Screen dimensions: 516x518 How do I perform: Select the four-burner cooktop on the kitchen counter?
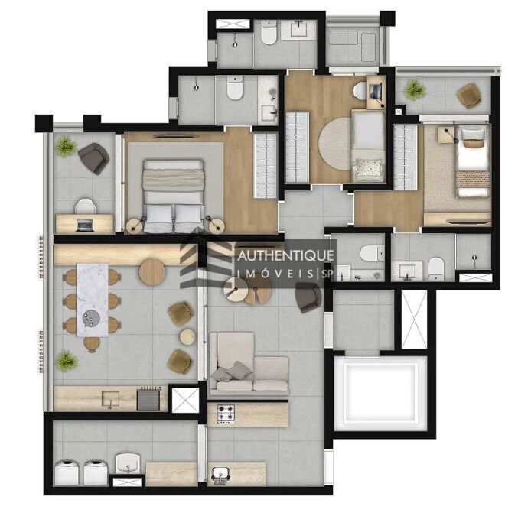[x=227, y=414]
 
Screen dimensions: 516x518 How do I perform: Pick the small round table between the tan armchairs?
[x=187, y=336]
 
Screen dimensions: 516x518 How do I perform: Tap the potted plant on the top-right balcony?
[x=414, y=90]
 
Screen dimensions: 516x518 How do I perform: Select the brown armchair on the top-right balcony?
[x=468, y=96]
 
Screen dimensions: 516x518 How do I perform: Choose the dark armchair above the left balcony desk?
[x=93, y=157]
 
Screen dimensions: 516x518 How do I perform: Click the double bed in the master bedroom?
[x=174, y=196]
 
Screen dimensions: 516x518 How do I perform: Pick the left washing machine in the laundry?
[x=70, y=471]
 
